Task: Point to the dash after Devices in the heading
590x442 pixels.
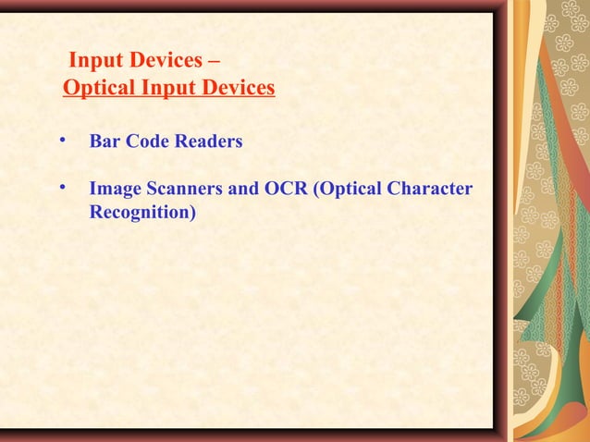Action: pyautogui.click(x=215, y=63)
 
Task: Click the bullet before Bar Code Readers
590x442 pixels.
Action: pyautogui.click(x=62, y=141)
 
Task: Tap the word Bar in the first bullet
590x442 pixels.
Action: pyautogui.click(x=103, y=143)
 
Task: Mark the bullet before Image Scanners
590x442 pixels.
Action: pyautogui.click(x=62, y=190)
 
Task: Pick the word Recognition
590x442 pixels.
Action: pyautogui.click(x=142, y=214)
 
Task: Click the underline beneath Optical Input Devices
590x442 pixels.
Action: pyautogui.click(x=168, y=99)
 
